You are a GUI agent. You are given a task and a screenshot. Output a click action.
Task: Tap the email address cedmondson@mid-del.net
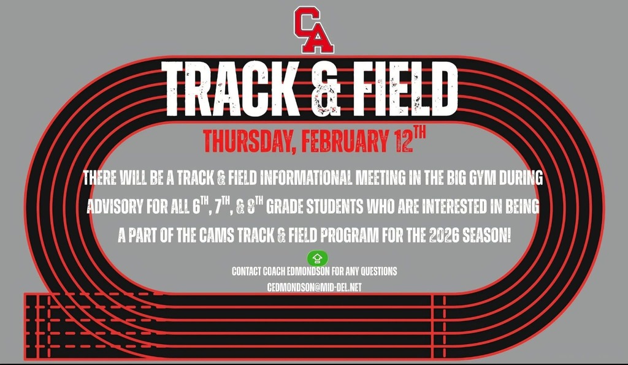pos(315,287)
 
